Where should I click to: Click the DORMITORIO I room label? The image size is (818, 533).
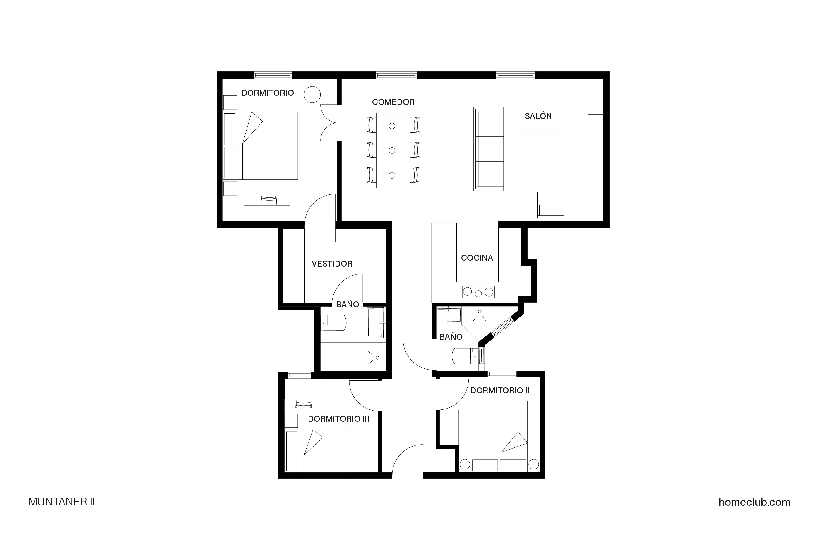pos(269,93)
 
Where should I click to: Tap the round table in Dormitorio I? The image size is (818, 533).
pos(312,94)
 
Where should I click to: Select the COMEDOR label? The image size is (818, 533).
pos(393,102)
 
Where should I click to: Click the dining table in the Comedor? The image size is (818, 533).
pos(393,150)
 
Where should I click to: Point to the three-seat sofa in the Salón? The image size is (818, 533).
pos(488,149)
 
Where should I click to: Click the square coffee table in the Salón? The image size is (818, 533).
pos(537,151)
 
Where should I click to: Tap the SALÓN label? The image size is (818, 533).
pos(538,116)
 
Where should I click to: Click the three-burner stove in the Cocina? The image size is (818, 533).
pos(478,292)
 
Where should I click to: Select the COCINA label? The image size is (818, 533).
pos(477,258)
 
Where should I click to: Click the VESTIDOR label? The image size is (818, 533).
pos(332,264)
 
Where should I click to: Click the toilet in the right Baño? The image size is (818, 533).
pos(465,356)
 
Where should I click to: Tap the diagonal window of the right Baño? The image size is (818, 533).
pos(502,327)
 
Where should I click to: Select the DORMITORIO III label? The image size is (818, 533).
pos(338,419)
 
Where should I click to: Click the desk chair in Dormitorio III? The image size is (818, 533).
pos(303,403)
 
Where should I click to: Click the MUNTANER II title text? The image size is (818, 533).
pos(61,502)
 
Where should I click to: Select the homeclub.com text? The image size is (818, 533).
pos(754,502)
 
